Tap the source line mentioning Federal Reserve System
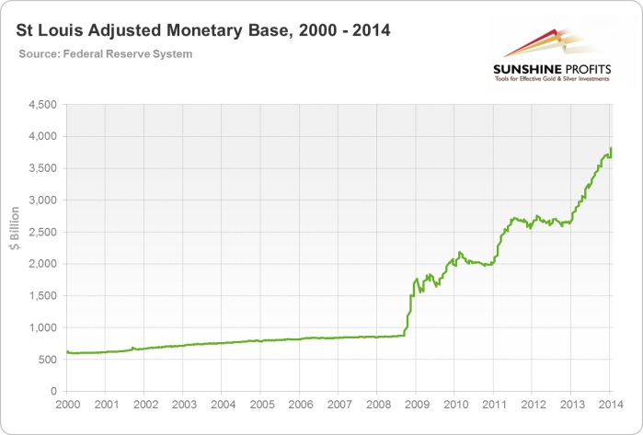point(106,54)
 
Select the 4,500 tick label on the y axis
point(42,105)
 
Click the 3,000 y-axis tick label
point(42,200)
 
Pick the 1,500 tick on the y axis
point(42,296)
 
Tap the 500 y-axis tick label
point(48,360)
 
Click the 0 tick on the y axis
point(54,392)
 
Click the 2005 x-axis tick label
point(261,406)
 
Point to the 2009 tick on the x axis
point(417,406)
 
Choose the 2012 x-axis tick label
point(533,406)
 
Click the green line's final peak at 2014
point(611,149)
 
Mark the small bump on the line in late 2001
point(132,348)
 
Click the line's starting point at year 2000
point(66,351)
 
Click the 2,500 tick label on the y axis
point(42,233)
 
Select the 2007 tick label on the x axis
point(339,406)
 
